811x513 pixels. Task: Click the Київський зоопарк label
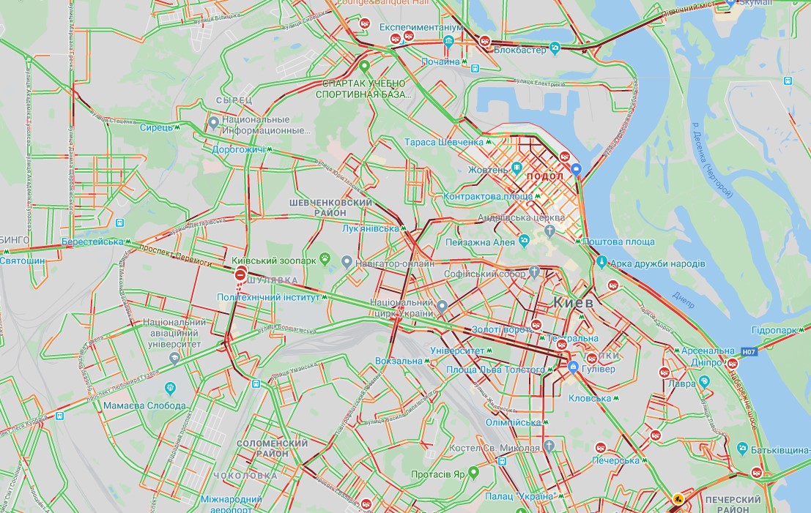[x=274, y=261]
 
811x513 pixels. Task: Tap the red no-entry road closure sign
[x=240, y=274]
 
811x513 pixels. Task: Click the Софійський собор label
[x=485, y=274]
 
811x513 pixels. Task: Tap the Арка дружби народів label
[x=659, y=263]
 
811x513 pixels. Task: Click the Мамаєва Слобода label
[x=144, y=405]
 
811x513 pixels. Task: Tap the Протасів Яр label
[x=438, y=473]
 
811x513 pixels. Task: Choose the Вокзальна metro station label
[x=399, y=361]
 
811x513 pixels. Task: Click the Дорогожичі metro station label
[x=237, y=149]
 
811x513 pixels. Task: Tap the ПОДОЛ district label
[x=545, y=176]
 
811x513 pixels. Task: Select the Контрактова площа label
[x=487, y=197]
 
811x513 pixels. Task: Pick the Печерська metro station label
[x=615, y=460]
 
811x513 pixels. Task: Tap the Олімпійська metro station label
[x=514, y=422]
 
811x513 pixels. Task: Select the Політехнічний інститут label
[x=269, y=298]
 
